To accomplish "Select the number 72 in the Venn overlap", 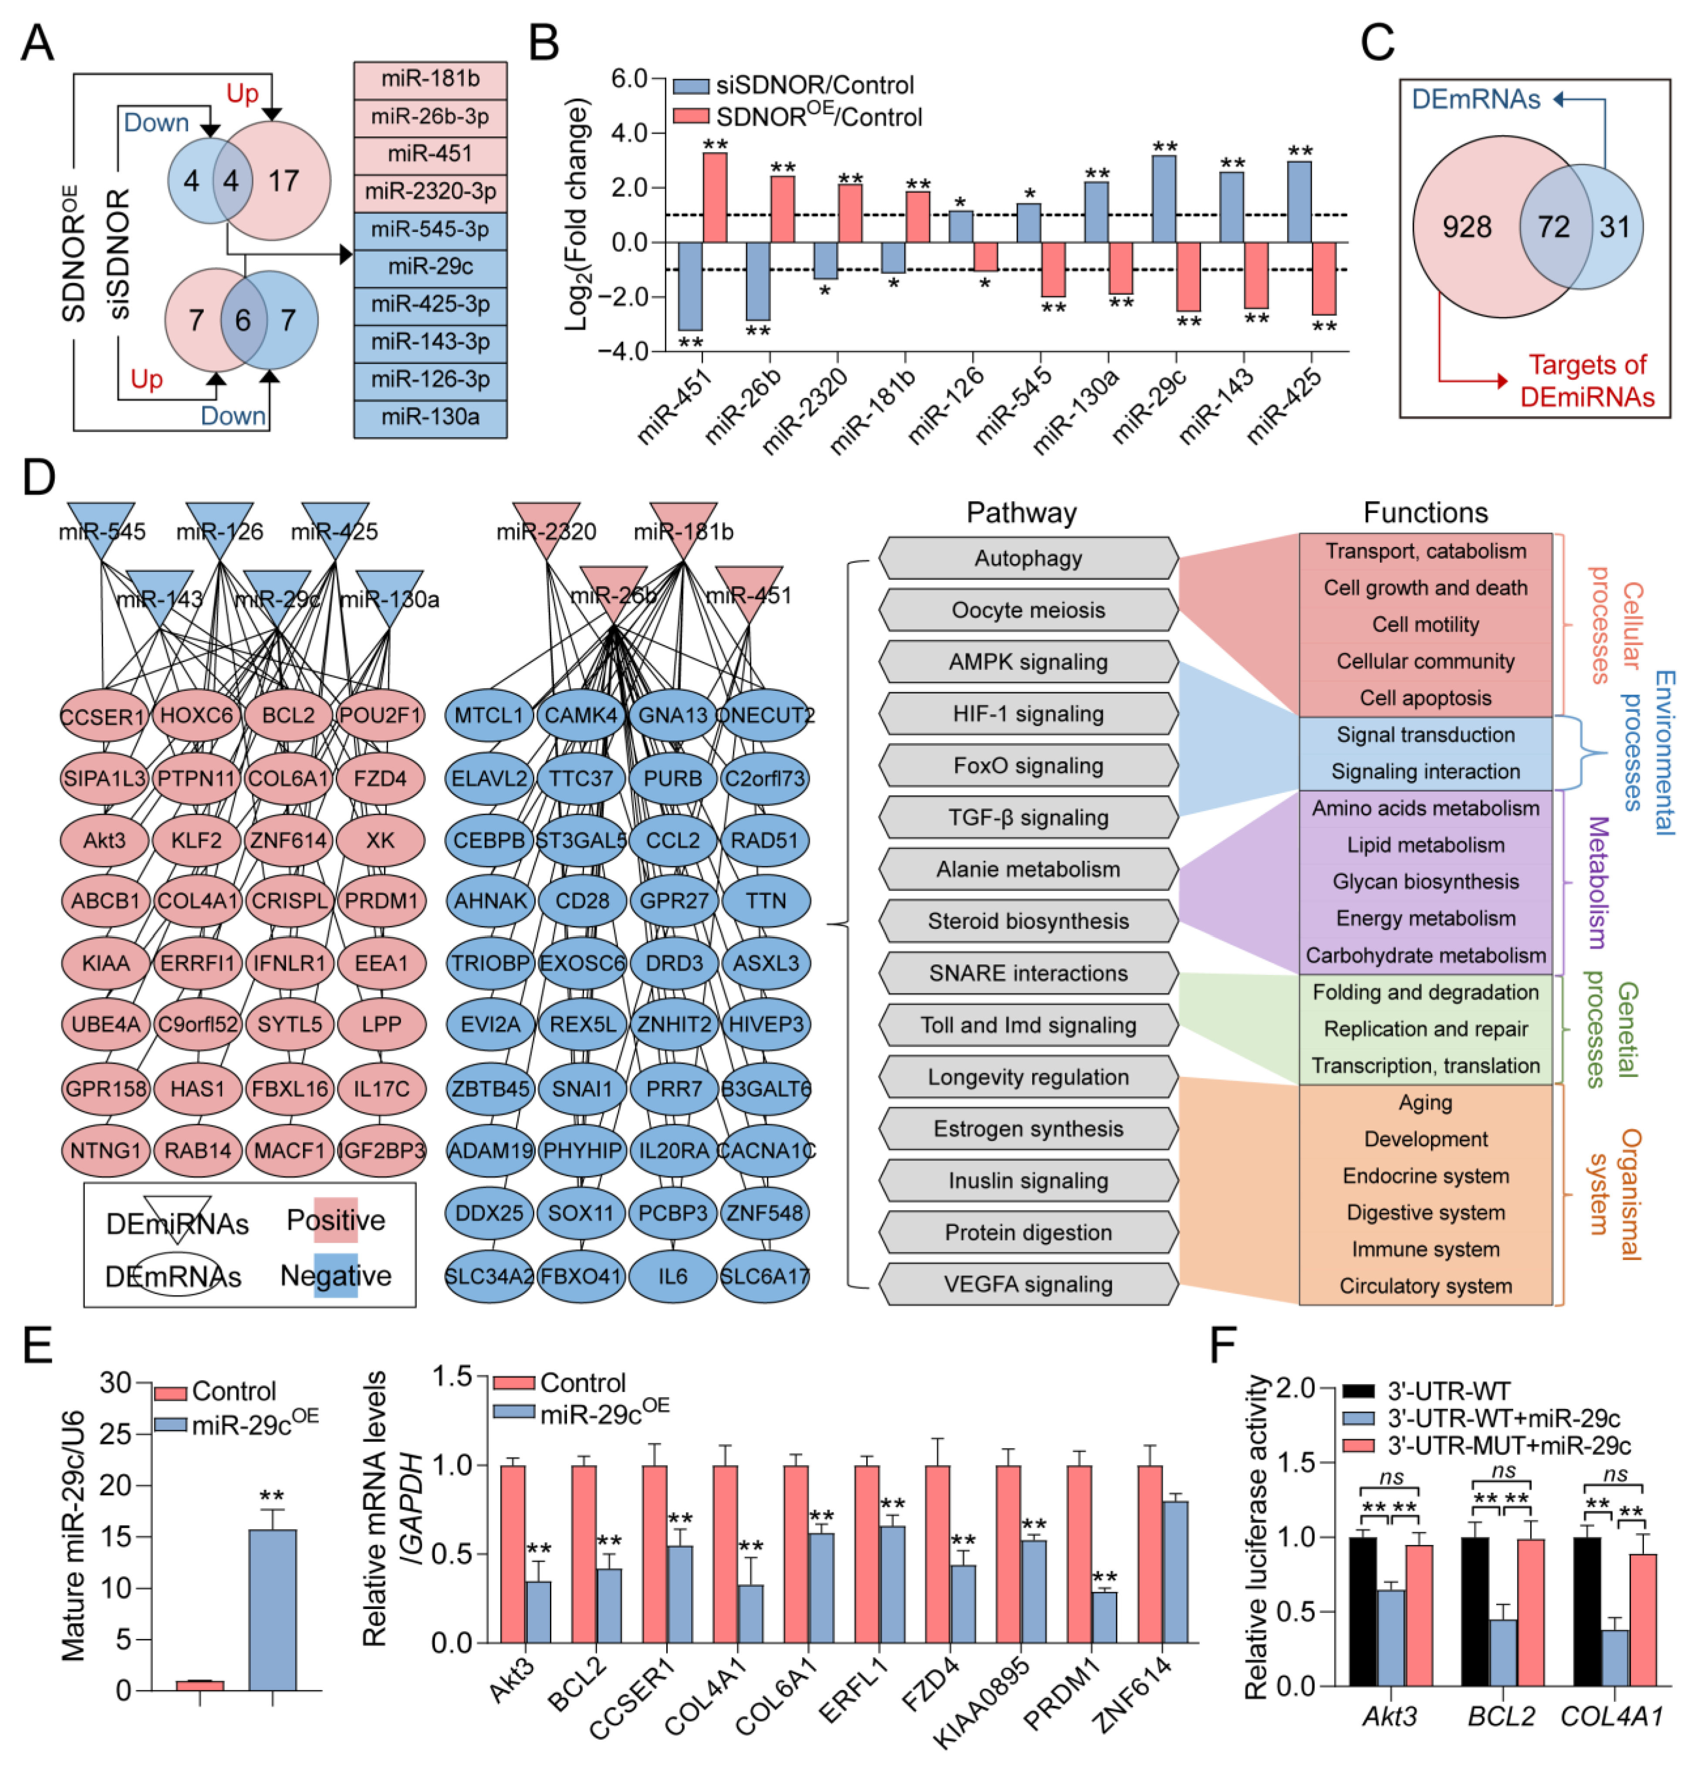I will tap(1553, 226).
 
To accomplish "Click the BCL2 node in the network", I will tap(289, 715).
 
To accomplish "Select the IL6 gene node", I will tap(673, 1275).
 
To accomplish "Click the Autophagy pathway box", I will tap(1028, 558).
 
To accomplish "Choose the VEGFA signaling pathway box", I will tap(1028, 1284).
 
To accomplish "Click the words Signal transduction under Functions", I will tap(1425, 734).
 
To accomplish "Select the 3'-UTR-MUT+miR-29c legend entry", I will tap(1508, 1446).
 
